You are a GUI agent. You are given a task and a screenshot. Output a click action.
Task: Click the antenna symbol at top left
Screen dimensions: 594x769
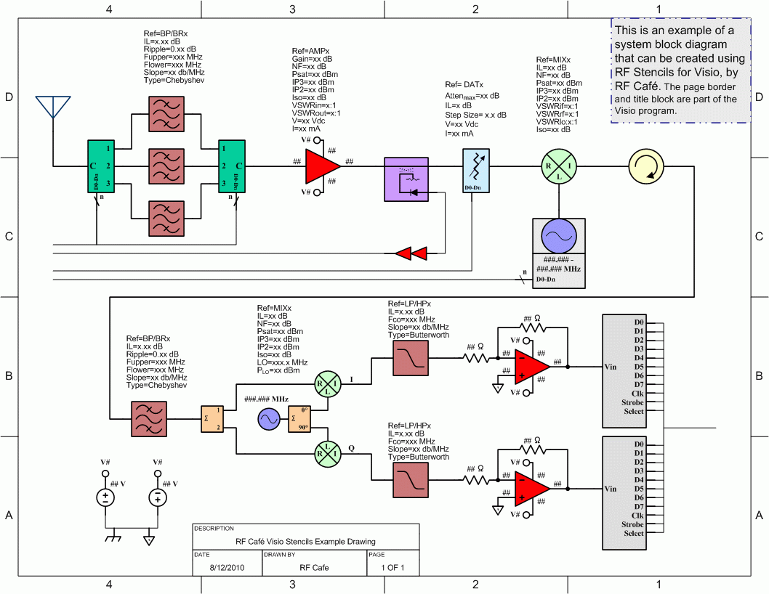tap(53, 107)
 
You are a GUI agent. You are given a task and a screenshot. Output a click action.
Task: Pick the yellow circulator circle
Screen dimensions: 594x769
tap(646, 166)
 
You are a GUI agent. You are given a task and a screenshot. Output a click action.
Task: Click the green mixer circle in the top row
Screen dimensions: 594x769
tap(560, 166)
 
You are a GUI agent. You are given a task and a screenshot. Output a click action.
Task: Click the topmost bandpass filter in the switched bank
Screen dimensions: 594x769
tap(166, 113)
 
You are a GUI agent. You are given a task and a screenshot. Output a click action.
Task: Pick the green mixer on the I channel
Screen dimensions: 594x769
tap(326, 384)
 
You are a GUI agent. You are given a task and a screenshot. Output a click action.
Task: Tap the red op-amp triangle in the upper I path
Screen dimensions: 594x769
tap(531, 366)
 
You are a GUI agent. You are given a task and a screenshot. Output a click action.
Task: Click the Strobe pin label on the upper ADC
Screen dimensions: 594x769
tap(632, 402)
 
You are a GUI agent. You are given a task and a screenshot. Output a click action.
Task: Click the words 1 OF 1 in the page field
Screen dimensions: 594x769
tap(392, 567)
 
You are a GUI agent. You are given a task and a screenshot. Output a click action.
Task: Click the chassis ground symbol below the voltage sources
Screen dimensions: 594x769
tap(113, 539)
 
